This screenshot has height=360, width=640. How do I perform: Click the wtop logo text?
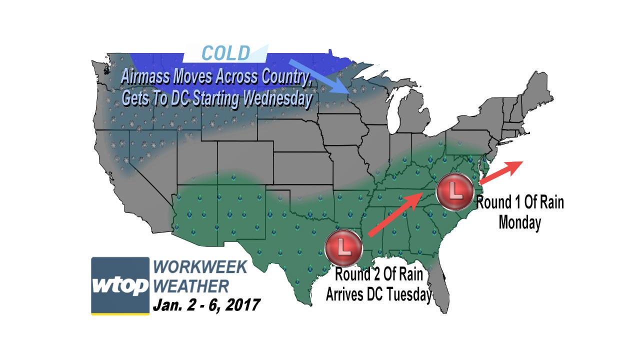[x=120, y=285]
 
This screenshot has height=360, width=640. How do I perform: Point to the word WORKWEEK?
[x=200, y=267]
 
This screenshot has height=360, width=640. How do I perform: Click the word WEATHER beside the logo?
[x=191, y=286]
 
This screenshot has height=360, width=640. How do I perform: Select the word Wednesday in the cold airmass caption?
[x=277, y=98]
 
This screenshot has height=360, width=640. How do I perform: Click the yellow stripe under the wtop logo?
[x=120, y=313]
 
